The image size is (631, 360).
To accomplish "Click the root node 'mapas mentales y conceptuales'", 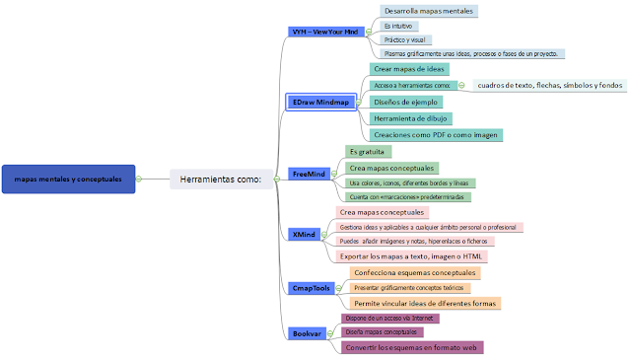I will [x=67, y=179].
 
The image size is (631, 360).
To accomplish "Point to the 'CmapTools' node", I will [x=311, y=288].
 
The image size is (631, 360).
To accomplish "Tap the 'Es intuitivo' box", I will [x=398, y=26].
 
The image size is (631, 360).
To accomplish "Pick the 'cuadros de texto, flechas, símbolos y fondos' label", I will [x=549, y=86].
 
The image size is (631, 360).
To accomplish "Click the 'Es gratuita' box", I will [x=367, y=152].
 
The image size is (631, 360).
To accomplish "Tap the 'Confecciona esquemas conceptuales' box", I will [x=415, y=272].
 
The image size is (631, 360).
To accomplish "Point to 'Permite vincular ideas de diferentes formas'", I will [x=425, y=303].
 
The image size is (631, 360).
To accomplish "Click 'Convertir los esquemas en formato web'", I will [x=411, y=347].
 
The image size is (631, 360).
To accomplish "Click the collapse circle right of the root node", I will [x=139, y=179].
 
